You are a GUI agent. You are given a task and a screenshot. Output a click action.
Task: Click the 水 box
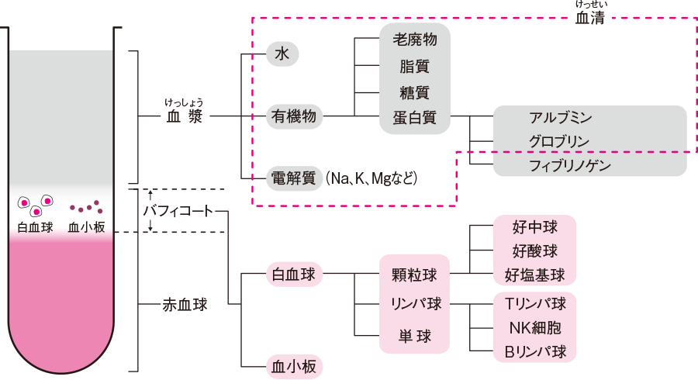[282, 54]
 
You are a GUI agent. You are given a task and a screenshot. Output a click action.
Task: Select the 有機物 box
[294, 116]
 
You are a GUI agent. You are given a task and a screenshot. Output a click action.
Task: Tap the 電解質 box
[294, 178]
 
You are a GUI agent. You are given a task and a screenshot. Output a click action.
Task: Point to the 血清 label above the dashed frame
[590, 19]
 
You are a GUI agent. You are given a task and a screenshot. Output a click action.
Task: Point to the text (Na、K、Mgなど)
[371, 178]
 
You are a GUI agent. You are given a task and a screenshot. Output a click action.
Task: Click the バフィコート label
[178, 211]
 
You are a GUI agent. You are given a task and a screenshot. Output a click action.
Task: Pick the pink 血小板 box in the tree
[292, 365]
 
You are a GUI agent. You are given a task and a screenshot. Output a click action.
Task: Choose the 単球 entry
[414, 336]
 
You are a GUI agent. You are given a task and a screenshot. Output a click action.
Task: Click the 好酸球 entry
[535, 250]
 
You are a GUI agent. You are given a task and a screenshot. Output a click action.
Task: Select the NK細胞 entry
[535, 326]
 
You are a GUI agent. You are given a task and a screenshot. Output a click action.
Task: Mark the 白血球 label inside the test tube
[35, 228]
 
